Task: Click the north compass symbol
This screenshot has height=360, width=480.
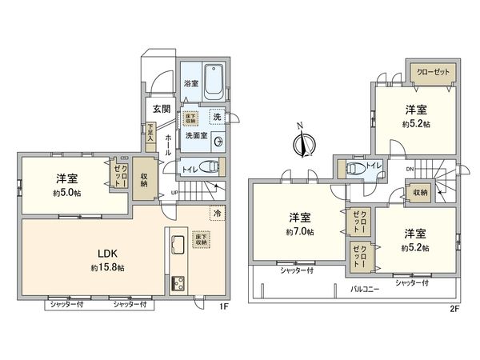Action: pyautogui.click(x=302, y=144)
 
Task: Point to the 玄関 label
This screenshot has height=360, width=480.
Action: pyautogui.click(x=161, y=110)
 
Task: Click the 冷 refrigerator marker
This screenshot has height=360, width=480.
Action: pyautogui.click(x=216, y=213)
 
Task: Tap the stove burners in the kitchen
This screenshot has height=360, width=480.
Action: pyautogui.click(x=177, y=283)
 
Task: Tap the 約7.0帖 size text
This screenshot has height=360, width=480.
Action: pyautogui.click(x=300, y=231)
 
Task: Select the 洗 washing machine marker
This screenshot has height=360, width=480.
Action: pyautogui.click(x=217, y=117)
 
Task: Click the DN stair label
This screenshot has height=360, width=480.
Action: pyautogui.click(x=410, y=170)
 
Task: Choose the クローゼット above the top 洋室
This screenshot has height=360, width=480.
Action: pyautogui.click(x=433, y=72)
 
